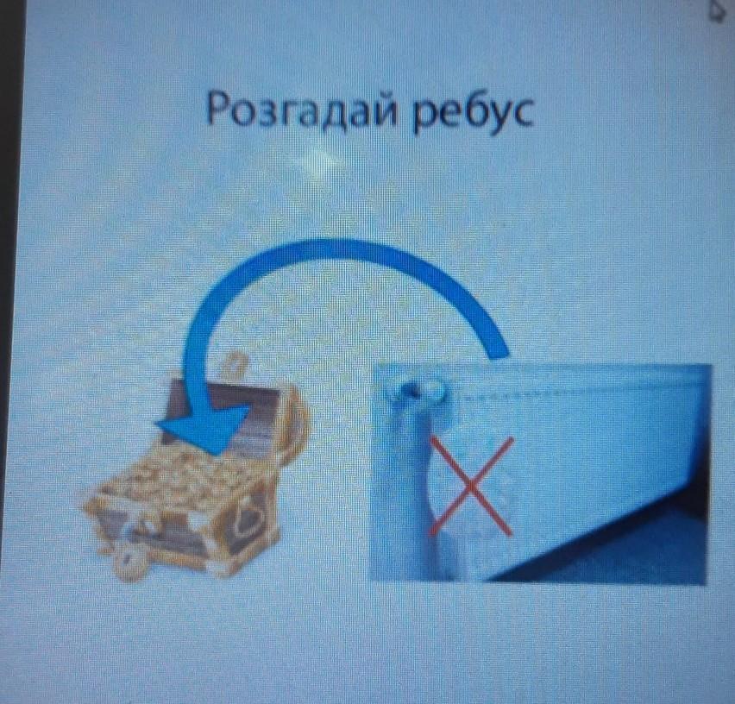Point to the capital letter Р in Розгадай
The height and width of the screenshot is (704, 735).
tap(218, 109)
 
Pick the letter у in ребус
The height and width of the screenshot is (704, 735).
tap(498, 117)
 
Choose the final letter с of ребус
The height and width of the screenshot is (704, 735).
tap(522, 114)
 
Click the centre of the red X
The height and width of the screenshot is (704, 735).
tap(471, 487)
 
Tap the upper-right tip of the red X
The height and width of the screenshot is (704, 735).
tap(512, 439)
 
